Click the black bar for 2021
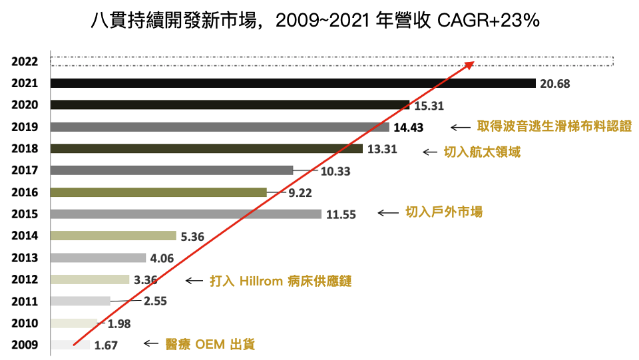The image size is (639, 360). [x=293, y=83]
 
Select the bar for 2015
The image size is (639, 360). [x=186, y=214]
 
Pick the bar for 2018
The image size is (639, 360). [x=206, y=148]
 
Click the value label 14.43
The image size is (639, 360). [x=409, y=127]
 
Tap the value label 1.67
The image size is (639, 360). [x=105, y=345]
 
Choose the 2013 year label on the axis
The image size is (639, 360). [x=25, y=258]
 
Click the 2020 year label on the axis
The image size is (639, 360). [x=25, y=105]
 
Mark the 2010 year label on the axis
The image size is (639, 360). [x=25, y=323]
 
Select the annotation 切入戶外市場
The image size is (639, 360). [x=444, y=212]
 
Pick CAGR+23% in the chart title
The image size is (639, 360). [x=487, y=21]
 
